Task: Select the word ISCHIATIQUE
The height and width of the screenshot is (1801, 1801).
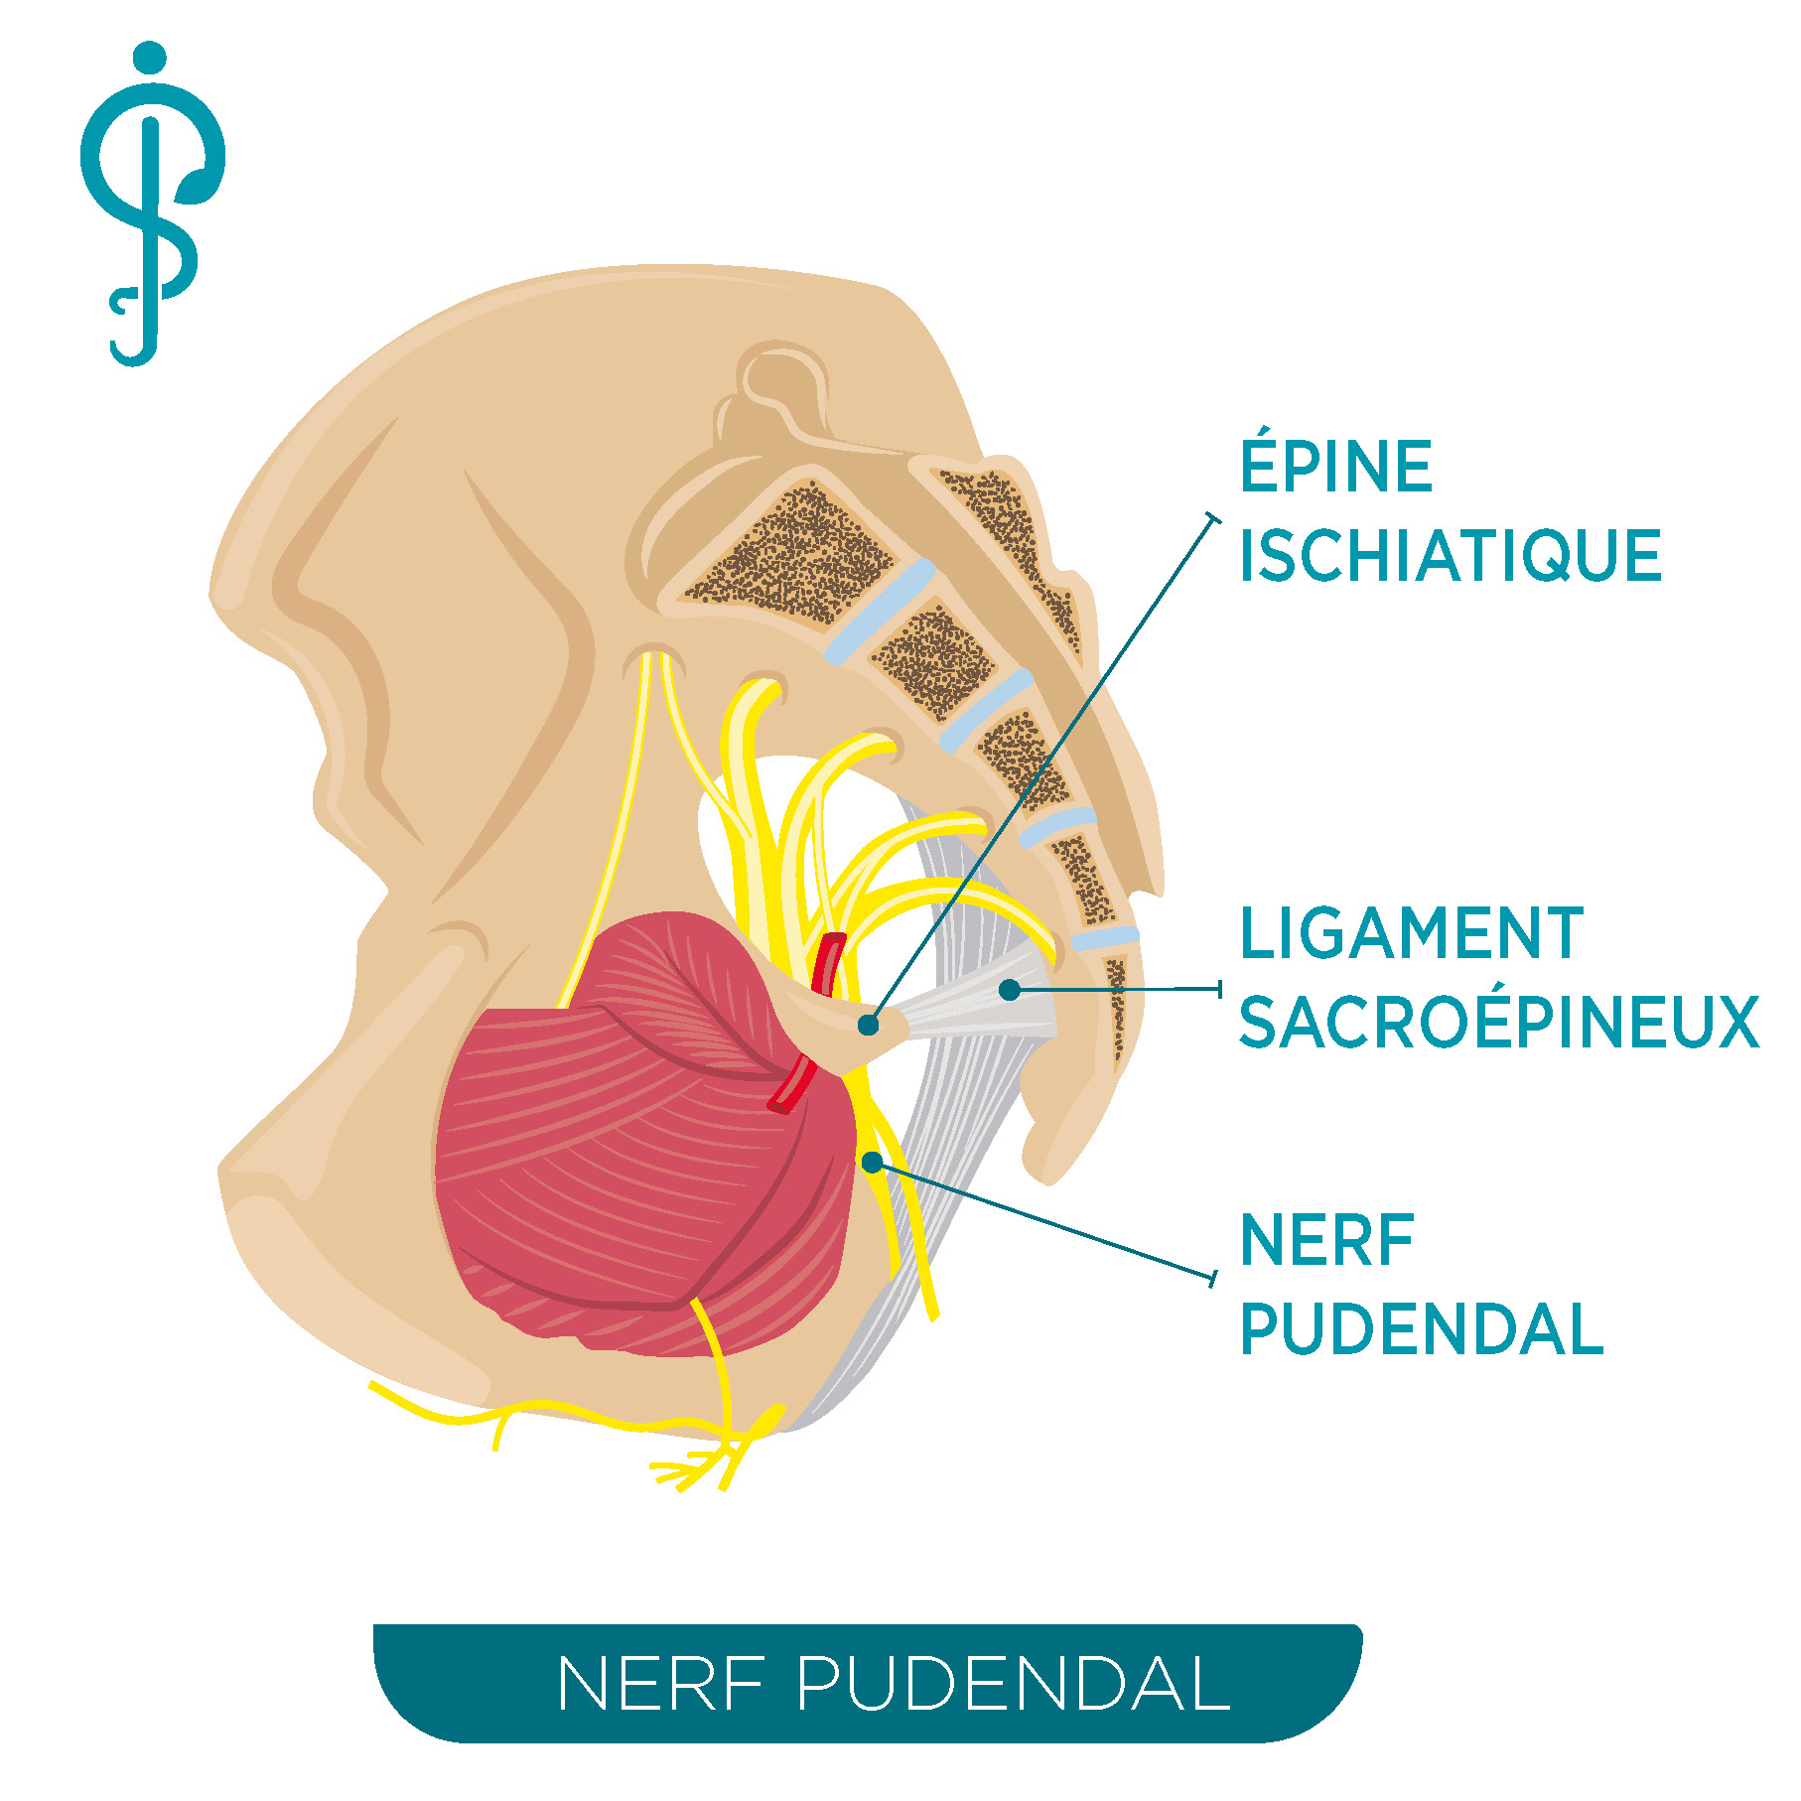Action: coord(1451,555)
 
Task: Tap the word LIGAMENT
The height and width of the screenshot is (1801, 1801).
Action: coord(1411,933)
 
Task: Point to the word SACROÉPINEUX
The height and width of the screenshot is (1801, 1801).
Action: coord(1499,1022)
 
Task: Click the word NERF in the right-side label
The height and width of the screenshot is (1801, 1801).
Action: coord(1327,1241)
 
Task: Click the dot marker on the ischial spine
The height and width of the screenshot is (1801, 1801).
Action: coord(869,1025)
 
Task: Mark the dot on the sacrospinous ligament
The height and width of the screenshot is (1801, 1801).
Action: coord(1010,989)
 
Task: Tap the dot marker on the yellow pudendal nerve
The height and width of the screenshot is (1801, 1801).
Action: coord(872,1162)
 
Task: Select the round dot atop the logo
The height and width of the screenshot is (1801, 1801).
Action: coord(149,58)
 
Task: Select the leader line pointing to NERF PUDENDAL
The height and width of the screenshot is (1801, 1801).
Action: coord(1043,1220)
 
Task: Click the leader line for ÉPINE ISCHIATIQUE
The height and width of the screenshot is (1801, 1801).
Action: coord(1041,770)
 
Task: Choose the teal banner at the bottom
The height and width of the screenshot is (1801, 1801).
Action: coord(867,1684)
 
